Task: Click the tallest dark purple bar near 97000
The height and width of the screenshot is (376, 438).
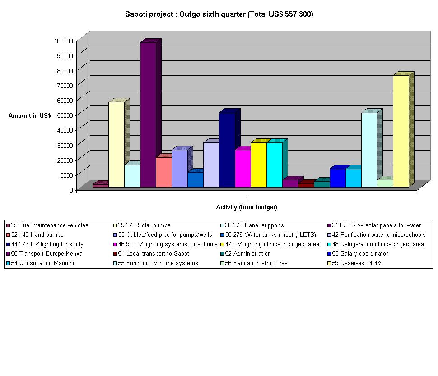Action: click(148, 115)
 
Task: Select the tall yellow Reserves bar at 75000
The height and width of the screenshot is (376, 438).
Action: click(401, 131)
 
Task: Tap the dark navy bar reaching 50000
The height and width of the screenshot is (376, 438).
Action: click(227, 150)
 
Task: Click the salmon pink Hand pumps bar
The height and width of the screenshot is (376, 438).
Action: click(163, 172)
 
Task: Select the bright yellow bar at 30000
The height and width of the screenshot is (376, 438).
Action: click(258, 165)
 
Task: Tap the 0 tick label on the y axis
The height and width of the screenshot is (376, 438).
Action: click(71, 190)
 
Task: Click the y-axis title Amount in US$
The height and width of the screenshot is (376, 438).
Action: click(29, 115)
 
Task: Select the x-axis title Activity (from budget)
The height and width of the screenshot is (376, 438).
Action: click(247, 207)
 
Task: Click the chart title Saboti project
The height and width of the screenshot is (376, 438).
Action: click(219, 14)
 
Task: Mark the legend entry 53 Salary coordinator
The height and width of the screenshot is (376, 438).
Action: click(360, 254)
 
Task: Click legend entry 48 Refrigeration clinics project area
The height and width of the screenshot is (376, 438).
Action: click(377, 244)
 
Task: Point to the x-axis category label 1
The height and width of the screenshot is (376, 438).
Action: click(247, 197)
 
